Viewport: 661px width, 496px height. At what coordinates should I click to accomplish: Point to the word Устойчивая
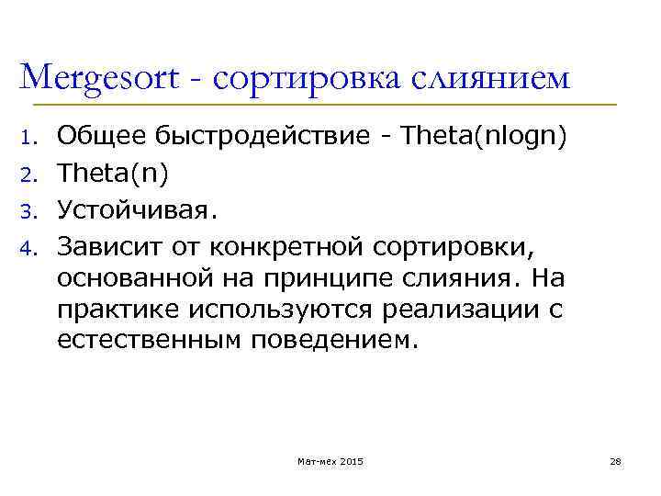pos(139,213)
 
